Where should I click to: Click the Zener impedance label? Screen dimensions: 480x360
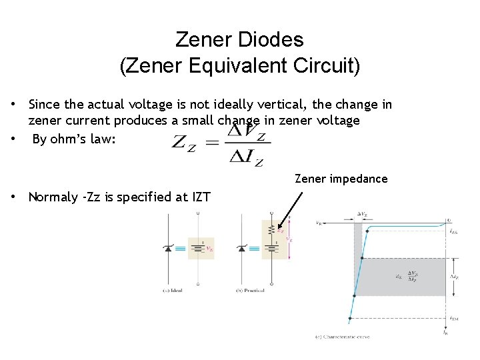pyautogui.click(x=341, y=179)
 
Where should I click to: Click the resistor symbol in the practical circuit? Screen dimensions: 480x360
pyautogui.click(x=271, y=230)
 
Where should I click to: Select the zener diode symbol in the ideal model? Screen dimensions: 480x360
pyautogui.click(x=167, y=249)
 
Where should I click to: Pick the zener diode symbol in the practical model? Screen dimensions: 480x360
pyautogui.click(x=241, y=249)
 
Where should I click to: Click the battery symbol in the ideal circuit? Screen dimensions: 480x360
pyautogui.click(x=198, y=249)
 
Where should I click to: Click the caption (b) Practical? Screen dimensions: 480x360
pyautogui.click(x=250, y=291)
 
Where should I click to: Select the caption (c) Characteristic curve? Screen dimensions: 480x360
pyautogui.click(x=343, y=337)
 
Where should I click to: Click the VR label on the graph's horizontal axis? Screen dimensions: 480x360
pyautogui.click(x=319, y=223)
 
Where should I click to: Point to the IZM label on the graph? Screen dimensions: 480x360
pyautogui.click(x=453, y=319)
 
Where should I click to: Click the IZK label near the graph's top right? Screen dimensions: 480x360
pyautogui.click(x=453, y=231)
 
